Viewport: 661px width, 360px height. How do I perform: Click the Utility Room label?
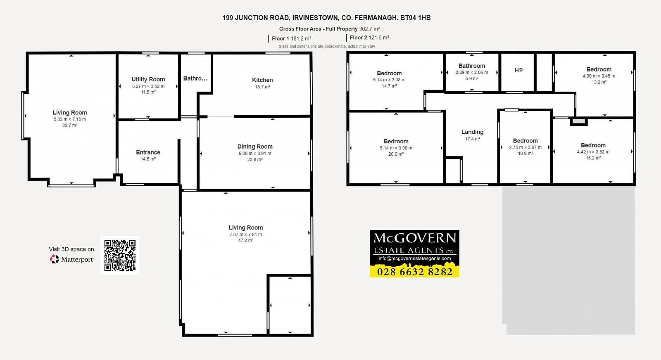pyautogui.click(x=148, y=79)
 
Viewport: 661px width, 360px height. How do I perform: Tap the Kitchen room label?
pyautogui.click(x=262, y=80)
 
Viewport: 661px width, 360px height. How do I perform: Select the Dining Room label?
pyautogui.click(x=255, y=147)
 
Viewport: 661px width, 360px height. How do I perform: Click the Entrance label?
pyautogui.click(x=148, y=152)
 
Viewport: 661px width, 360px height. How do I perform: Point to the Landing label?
pyautogui.click(x=473, y=132)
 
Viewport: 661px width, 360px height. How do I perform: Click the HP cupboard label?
pyautogui.click(x=518, y=70)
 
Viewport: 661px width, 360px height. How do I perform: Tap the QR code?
pyautogui.click(x=120, y=255)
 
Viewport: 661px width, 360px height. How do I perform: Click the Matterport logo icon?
pyautogui.click(x=54, y=259)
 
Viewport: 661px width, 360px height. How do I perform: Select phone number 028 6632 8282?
pyautogui.click(x=415, y=272)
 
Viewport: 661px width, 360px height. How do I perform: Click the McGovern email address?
pyautogui.click(x=415, y=258)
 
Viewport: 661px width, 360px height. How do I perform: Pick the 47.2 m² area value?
pyautogui.click(x=246, y=240)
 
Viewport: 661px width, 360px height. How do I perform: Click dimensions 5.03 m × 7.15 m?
pyautogui.click(x=70, y=119)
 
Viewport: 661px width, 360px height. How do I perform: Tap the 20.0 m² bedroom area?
pyautogui.click(x=396, y=154)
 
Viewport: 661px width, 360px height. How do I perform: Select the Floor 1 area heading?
pyautogui.click(x=292, y=38)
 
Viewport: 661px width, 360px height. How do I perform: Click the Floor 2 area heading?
pyautogui.click(x=369, y=38)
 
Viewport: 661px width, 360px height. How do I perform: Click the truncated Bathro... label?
pyautogui.click(x=195, y=78)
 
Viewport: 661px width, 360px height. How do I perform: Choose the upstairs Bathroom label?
pyautogui.click(x=472, y=66)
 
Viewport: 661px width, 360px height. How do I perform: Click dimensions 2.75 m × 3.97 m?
pyautogui.click(x=525, y=147)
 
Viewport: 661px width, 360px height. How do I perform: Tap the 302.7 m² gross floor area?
pyautogui.click(x=369, y=29)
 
